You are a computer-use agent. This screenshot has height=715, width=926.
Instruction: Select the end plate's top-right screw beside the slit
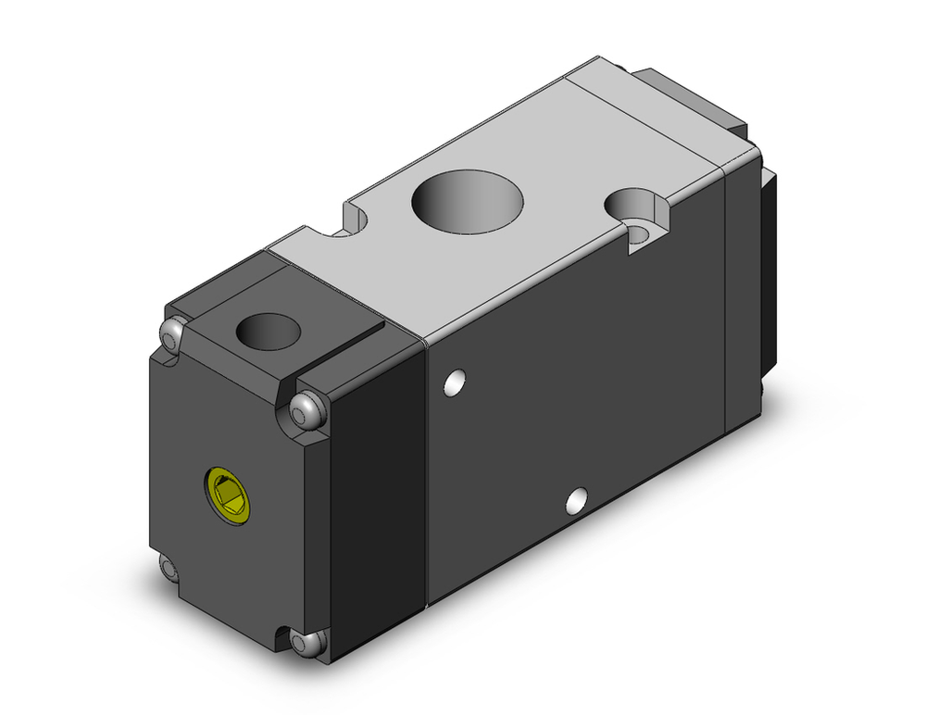[307, 408]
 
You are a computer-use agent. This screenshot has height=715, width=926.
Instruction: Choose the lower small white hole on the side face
[576, 500]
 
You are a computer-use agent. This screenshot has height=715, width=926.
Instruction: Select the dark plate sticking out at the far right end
[768, 269]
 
